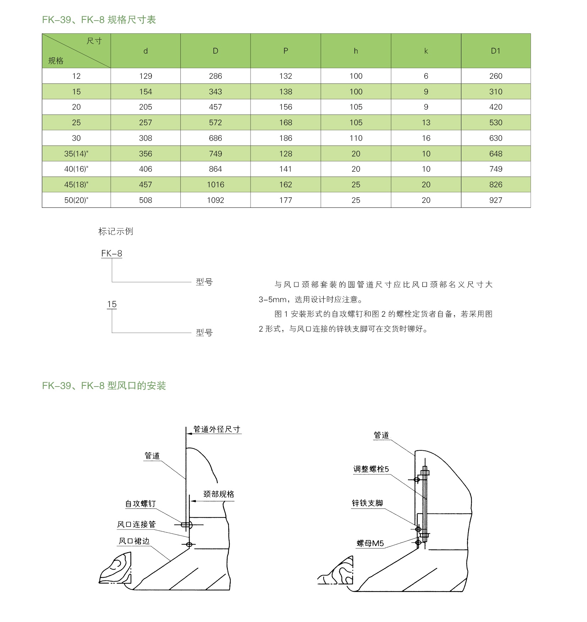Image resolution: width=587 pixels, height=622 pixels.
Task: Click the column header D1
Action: pyautogui.click(x=495, y=51)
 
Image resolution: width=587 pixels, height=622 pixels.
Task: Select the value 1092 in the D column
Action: pyautogui.click(x=215, y=200)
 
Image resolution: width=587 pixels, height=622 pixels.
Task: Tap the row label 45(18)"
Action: pyautogui.click(x=76, y=185)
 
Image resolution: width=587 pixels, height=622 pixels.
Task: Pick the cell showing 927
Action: pyautogui.click(x=495, y=200)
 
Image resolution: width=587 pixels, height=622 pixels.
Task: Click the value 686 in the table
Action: pyautogui.click(x=215, y=138)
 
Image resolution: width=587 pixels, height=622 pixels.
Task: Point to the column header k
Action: pyautogui.click(x=426, y=51)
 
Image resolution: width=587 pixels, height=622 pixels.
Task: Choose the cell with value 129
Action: pyautogui.click(x=146, y=76)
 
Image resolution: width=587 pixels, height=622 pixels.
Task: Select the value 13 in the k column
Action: pyautogui.click(x=426, y=123)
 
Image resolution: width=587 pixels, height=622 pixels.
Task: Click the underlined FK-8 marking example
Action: pyautogui.click(x=111, y=254)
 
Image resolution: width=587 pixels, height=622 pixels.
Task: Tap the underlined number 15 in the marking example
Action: pyautogui.click(x=112, y=304)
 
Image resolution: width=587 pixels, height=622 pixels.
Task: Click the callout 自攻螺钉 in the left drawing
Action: pyautogui.click(x=141, y=504)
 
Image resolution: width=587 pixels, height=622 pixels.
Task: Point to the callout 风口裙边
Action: pyautogui.click(x=134, y=541)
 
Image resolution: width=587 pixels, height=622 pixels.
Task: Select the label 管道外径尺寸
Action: pyautogui.click(x=217, y=429)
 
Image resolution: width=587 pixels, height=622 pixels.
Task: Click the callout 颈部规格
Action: pyautogui.click(x=219, y=494)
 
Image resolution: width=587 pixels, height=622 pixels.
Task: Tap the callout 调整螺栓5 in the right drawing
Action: pyautogui.click(x=371, y=470)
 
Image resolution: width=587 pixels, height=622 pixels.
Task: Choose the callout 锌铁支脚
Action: pyautogui.click(x=367, y=503)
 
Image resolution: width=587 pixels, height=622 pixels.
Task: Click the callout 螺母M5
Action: pyautogui.click(x=370, y=544)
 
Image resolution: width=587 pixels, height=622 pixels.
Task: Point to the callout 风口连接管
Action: pyautogui.click(x=136, y=524)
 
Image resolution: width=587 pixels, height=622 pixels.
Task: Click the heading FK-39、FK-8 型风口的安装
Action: pyautogui.click(x=104, y=386)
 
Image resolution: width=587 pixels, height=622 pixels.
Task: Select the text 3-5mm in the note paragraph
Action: pyautogui.click(x=273, y=300)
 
